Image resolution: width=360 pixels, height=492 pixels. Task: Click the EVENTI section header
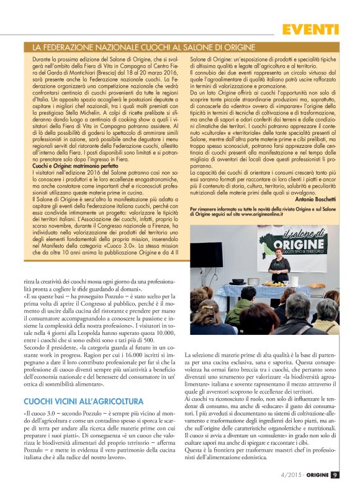point(311,29)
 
